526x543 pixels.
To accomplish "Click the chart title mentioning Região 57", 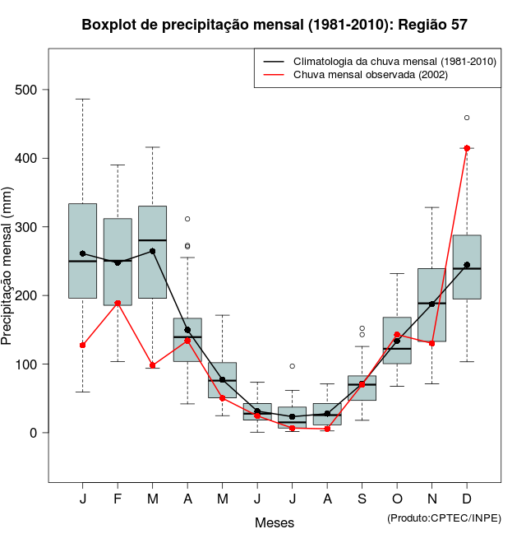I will point(275,25).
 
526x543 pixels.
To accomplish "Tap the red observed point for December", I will point(467,148).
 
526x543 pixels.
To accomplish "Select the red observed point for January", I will point(83,345).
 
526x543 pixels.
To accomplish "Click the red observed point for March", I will point(153,365).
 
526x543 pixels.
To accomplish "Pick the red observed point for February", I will point(118,303).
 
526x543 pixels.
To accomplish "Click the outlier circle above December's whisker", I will point(467,118).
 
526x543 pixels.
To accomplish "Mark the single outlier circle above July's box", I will point(293,366).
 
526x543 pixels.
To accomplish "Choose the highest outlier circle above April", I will point(187,219).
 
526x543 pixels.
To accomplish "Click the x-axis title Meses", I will point(275,522).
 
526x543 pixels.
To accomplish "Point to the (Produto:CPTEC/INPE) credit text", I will point(444,517).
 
